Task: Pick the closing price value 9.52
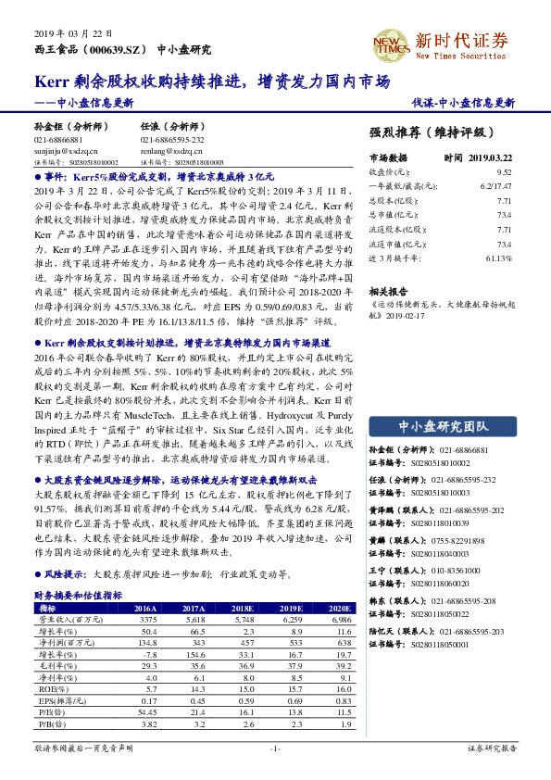[x=504, y=172]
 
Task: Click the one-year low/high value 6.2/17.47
[x=495, y=186]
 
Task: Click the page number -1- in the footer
[x=275, y=747]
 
